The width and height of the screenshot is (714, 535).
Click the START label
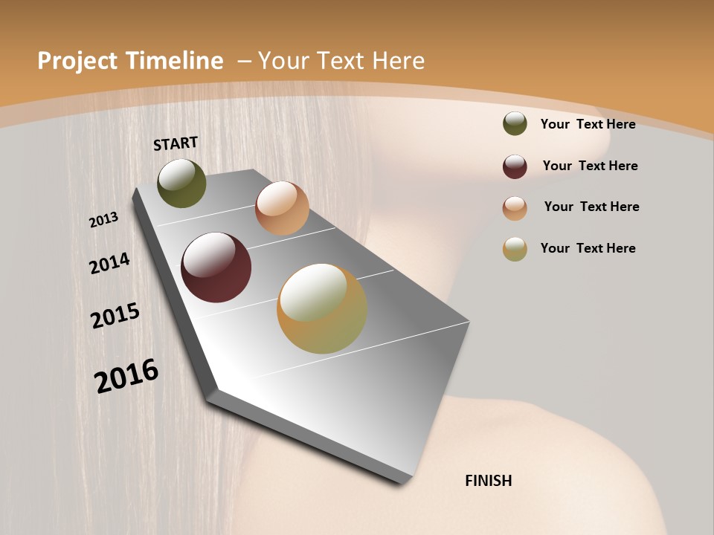point(176,143)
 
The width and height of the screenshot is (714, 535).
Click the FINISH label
point(488,481)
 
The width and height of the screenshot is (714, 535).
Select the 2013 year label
point(103,220)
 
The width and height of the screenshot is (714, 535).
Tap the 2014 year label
point(109,264)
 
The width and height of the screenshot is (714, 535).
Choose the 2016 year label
point(126,376)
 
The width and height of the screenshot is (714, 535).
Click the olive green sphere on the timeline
point(181,183)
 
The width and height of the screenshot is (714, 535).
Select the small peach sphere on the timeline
point(282,208)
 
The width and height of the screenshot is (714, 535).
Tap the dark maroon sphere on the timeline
point(216,267)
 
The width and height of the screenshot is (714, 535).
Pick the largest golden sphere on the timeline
point(322,308)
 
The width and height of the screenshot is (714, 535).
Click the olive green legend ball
point(515,123)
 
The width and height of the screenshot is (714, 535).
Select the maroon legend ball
point(515,166)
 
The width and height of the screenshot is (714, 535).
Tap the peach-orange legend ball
point(515,208)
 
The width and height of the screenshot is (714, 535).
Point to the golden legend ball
point(515,249)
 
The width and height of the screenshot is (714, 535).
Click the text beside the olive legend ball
point(588,124)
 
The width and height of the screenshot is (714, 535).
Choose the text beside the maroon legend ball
point(590,166)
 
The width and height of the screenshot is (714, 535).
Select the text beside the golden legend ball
point(588,248)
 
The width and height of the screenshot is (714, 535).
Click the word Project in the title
point(77,61)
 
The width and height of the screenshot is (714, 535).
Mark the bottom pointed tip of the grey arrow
point(405,483)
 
